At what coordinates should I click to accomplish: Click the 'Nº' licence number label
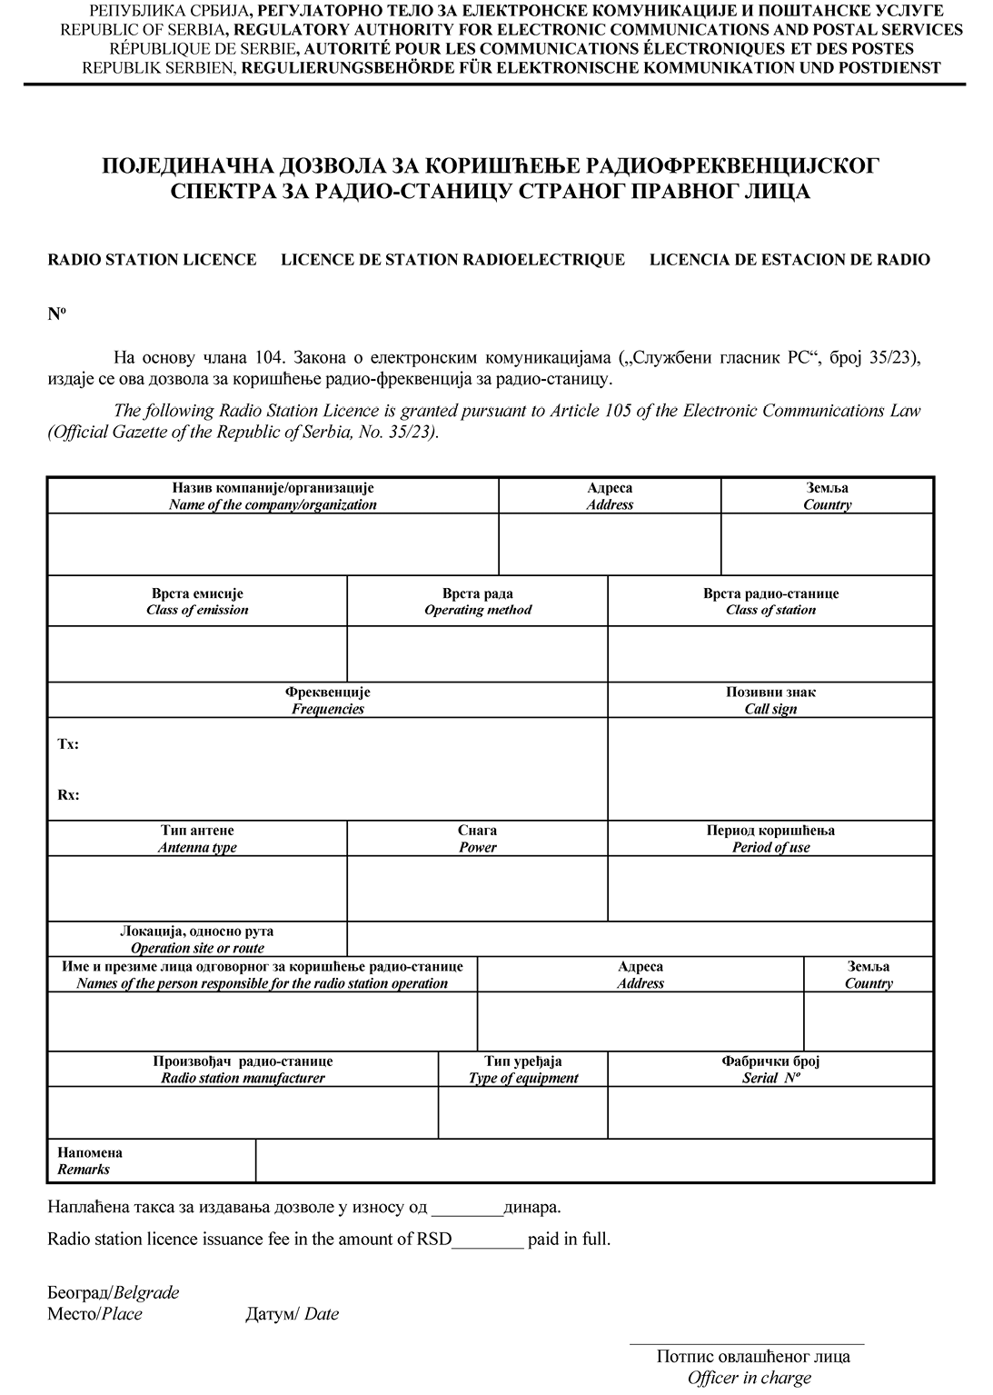point(56,314)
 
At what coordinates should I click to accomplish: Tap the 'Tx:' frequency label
point(68,744)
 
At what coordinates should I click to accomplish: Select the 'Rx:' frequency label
point(68,795)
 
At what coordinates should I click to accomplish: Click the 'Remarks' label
point(84,1170)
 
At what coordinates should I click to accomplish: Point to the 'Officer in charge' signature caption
point(750,1378)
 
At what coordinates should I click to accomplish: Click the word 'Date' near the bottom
point(322,1314)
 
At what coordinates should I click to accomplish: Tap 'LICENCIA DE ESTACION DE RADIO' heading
point(789,260)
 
